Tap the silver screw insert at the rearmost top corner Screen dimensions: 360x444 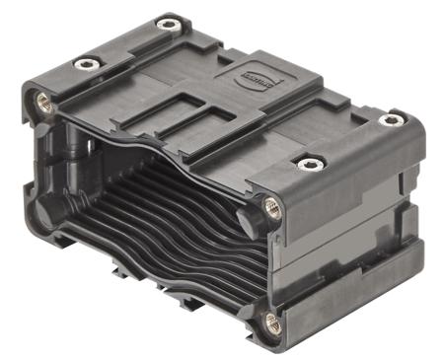[169, 24]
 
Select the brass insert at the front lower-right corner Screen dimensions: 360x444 [272, 322]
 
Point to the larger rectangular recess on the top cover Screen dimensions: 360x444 [173, 110]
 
